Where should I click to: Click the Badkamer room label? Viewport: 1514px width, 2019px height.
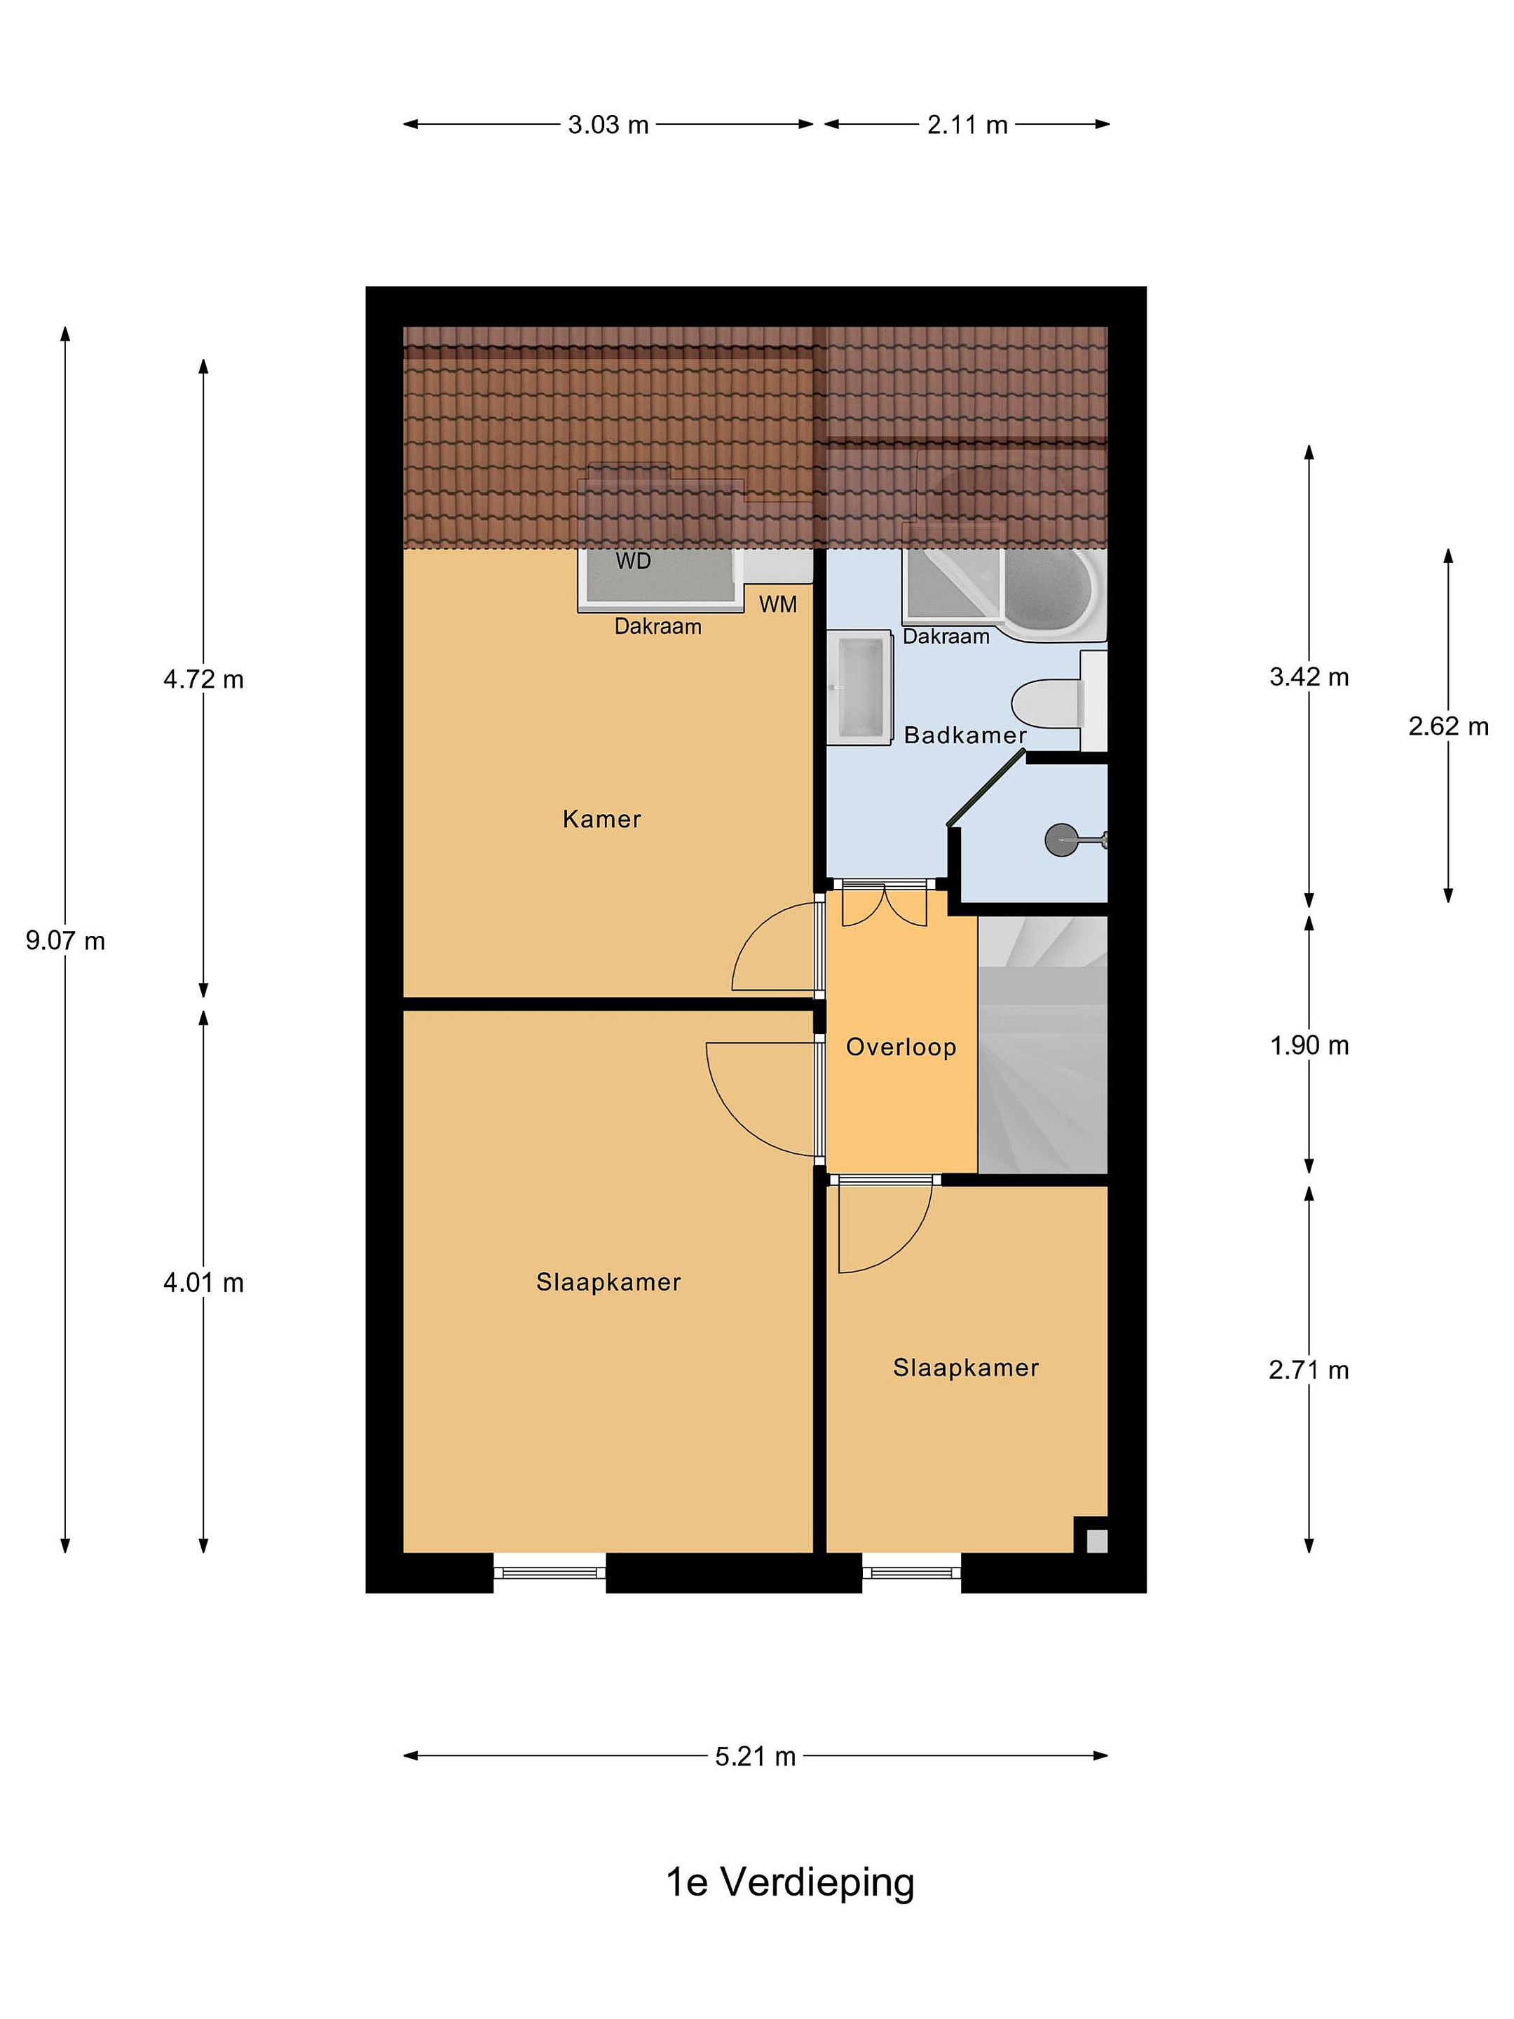pos(964,735)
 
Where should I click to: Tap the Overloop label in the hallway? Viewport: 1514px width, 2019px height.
pos(901,1047)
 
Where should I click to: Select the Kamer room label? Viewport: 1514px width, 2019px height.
pos(601,819)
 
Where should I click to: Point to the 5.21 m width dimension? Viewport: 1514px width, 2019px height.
pos(756,1756)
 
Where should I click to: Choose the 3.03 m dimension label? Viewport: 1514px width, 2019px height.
pos(608,124)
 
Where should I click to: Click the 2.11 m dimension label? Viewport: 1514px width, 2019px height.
pos(967,124)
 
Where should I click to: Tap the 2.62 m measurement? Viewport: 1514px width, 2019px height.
pos(1448,726)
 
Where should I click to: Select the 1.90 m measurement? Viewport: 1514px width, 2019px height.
pos(1309,1045)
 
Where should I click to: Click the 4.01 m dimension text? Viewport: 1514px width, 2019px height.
pos(203,1282)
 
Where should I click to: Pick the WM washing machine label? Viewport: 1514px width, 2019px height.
pos(777,604)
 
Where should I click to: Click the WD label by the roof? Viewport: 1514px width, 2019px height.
pos(634,560)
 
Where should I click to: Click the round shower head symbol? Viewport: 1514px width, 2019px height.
pos(1061,839)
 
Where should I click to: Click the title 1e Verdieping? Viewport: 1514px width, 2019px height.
pos(791,1881)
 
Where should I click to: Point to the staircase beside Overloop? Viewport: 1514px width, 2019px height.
pos(1042,1044)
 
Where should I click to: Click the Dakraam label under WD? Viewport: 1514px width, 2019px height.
pos(658,626)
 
